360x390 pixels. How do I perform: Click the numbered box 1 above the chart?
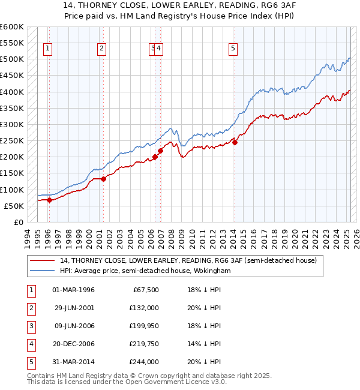pyautogui.click(x=47, y=49)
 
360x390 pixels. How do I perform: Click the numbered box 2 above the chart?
pyautogui.click(x=102, y=49)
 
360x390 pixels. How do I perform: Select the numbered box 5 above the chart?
pyautogui.click(x=233, y=49)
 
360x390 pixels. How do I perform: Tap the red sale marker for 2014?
pyautogui.click(x=235, y=143)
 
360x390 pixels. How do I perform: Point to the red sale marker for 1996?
pyautogui.click(x=49, y=200)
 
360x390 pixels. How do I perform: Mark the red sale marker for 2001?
pyautogui.click(x=103, y=179)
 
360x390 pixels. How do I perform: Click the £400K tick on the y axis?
pyautogui.click(x=11, y=92)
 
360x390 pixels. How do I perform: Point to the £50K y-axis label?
pyautogui.click(x=14, y=206)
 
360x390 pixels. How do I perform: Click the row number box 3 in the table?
pyautogui.click(x=30, y=326)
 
